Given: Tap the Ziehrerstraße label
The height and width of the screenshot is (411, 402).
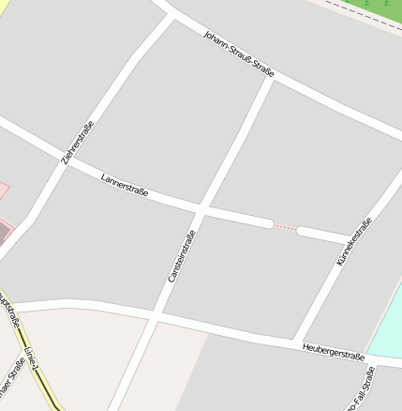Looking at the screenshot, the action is (78, 144).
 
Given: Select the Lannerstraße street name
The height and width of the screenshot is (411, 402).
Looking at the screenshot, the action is (125, 185).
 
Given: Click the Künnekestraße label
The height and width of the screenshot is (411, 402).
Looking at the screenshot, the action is (354, 241).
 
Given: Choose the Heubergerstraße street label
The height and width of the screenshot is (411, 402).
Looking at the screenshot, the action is (334, 352).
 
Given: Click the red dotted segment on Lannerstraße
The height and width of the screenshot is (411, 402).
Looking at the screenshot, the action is (286, 227).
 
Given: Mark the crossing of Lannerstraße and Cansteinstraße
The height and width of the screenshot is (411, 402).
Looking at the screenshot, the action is (201, 207).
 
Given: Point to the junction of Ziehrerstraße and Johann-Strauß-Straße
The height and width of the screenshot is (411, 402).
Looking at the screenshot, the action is (171, 15).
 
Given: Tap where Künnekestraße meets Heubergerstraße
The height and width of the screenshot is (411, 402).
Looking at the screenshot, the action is (296, 341).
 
